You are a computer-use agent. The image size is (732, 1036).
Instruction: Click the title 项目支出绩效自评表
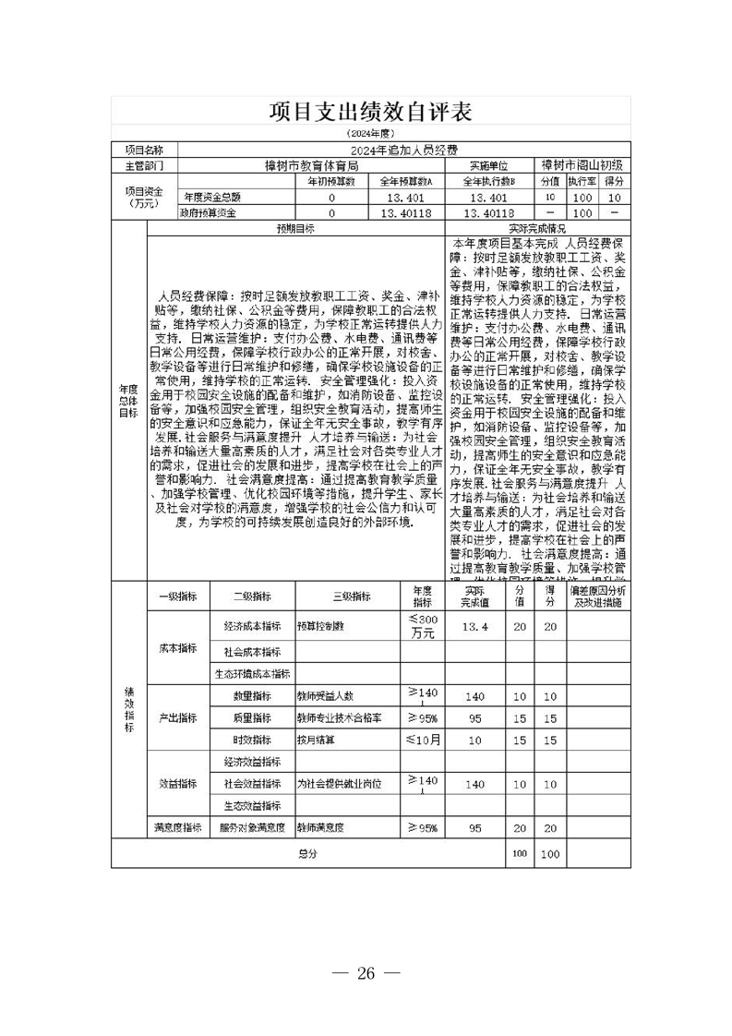370,112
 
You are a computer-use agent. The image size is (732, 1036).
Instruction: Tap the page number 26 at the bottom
366,972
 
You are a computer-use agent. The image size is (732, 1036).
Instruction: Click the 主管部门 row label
143,165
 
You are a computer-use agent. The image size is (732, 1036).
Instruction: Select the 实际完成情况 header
538,228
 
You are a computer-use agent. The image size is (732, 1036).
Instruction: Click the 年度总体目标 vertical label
128,400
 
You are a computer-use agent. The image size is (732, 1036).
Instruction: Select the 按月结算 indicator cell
315,740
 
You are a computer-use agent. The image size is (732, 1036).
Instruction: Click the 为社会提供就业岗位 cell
339,783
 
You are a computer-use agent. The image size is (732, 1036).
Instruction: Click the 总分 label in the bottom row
307,854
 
